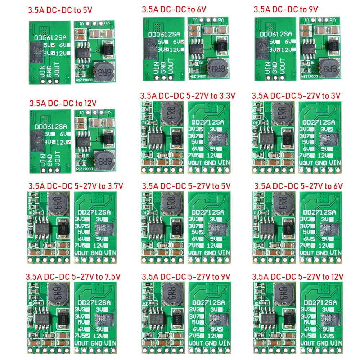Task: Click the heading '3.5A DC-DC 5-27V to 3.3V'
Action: coord(188,95)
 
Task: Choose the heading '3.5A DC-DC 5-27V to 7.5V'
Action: coord(73,276)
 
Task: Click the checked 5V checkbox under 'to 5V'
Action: coord(53,45)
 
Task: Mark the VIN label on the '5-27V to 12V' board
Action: coord(335,343)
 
